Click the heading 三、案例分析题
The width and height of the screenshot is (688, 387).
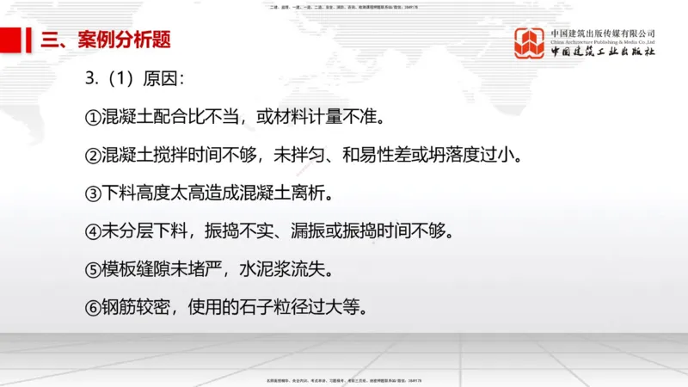(105, 40)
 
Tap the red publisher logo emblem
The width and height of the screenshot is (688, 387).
(530, 43)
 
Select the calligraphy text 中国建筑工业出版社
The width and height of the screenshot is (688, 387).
(603, 52)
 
